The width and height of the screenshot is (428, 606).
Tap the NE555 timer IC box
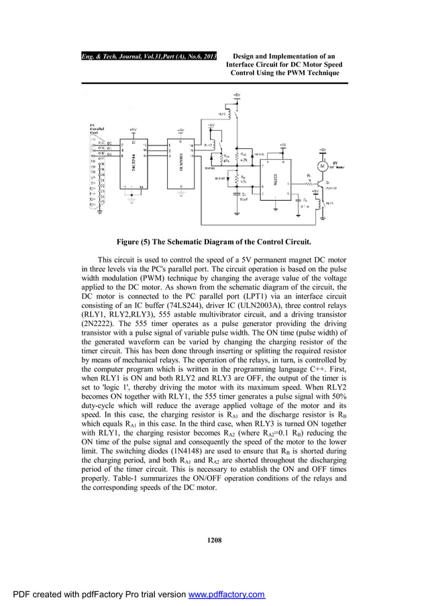click(x=276, y=179)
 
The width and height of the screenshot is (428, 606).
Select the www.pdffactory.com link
click(x=225, y=595)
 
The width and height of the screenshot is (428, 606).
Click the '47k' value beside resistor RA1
click(x=226, y=161)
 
